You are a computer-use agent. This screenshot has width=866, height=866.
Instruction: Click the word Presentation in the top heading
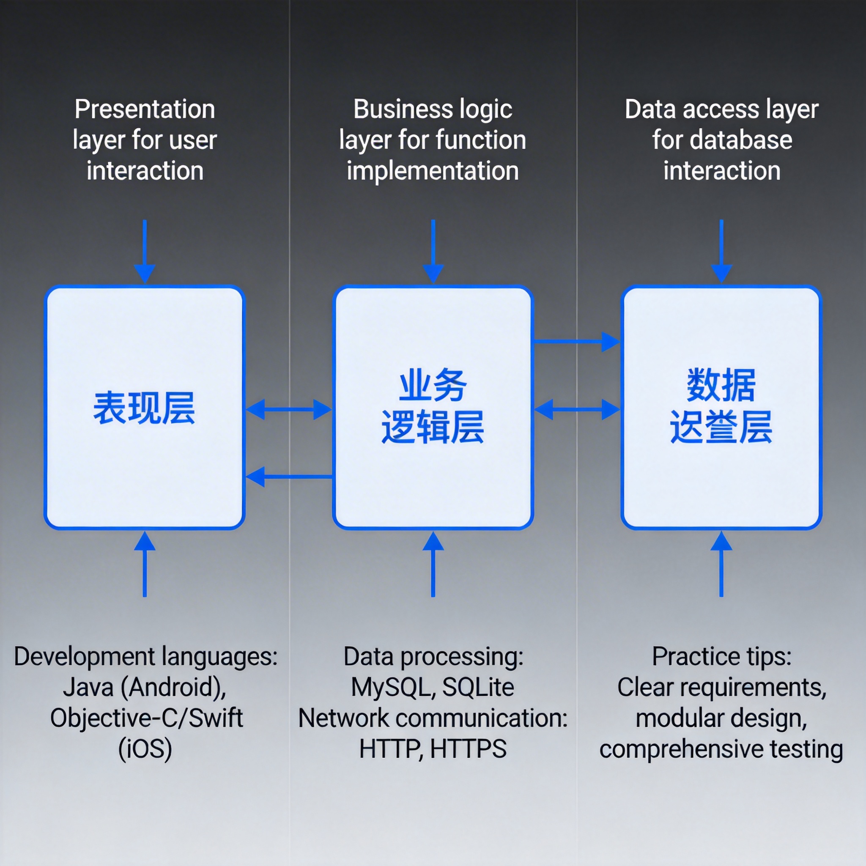(145, 110)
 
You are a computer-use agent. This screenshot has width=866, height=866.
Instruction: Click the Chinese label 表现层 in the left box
(144, 408)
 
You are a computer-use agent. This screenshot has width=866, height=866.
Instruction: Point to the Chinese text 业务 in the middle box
(433, 386)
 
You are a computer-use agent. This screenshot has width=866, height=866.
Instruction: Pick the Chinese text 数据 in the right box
(721, 386)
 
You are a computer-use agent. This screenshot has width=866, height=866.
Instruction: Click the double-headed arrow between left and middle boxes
(289, 409)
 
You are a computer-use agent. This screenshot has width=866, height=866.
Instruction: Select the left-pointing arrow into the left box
(289, 477)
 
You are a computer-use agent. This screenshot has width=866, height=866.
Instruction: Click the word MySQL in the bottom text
(389, 687)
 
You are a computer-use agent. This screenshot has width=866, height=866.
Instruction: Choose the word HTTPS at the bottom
(468, 749)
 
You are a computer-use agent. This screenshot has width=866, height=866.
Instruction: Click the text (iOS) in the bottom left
(145, 749)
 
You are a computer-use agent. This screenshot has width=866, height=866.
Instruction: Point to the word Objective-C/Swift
(146, 718)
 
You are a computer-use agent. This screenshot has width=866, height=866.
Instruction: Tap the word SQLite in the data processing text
(478, 687)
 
